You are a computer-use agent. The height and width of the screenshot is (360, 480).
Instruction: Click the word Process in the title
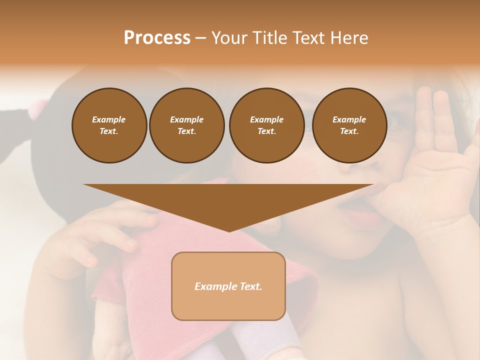click(157, 38)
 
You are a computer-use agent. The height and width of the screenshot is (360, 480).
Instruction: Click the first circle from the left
click(109, 125)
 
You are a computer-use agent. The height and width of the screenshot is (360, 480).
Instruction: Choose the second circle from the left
click(187, 125)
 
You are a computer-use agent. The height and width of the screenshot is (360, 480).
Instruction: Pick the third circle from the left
click(266, 125)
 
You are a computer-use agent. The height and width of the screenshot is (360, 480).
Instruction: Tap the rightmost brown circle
click(349, 125)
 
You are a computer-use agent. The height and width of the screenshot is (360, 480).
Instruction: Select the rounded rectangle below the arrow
click(228, 286)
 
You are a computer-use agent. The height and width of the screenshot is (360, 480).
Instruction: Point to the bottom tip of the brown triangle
click(229, 230)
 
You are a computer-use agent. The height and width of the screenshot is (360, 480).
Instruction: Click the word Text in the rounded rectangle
click(248, 286)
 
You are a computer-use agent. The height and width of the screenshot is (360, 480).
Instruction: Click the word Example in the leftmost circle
click(109, 119)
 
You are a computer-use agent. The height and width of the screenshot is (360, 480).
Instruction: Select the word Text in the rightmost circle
click(349, 131)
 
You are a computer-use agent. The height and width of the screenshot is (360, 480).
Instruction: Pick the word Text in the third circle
click(266, 131)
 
